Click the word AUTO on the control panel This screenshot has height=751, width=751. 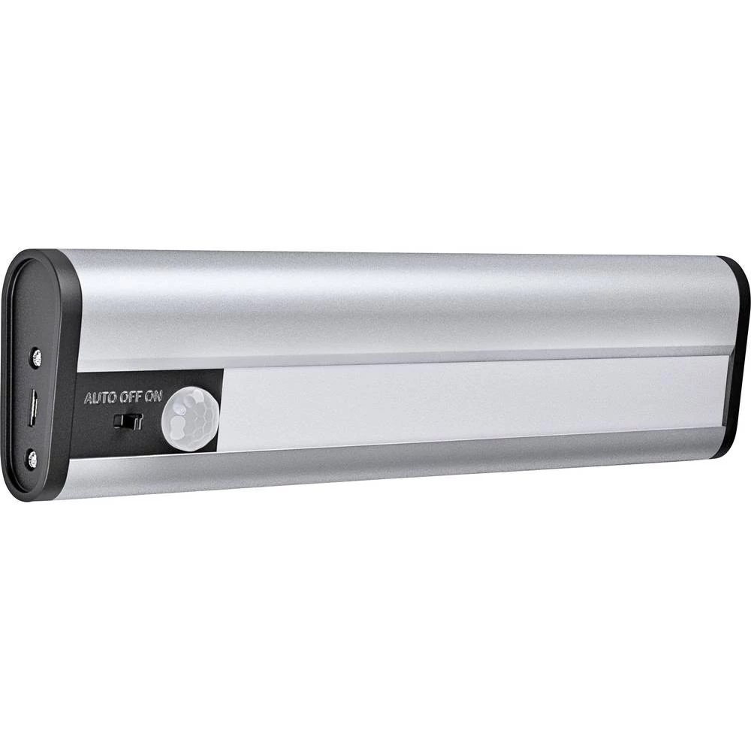pos(101,398)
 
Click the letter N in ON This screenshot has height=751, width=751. pos(158,397)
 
